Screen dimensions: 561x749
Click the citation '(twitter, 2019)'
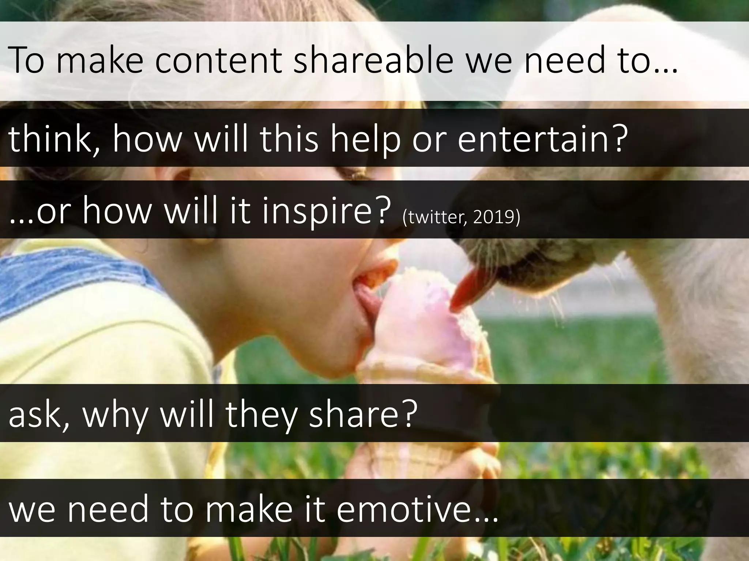[461, 217]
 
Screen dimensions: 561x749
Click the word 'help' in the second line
[366, 141]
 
